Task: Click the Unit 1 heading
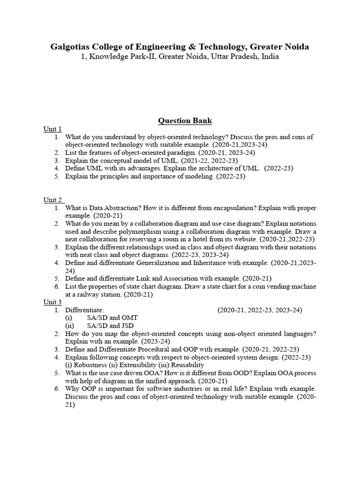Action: (x=52, y=129)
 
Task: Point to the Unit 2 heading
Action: (x=52, y=200)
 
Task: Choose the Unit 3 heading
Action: (x=52, y=302)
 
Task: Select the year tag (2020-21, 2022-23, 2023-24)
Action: (x=260, y=310)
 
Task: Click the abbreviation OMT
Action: (x=129, y=318)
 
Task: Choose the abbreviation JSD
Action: (x=126, y=326)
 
